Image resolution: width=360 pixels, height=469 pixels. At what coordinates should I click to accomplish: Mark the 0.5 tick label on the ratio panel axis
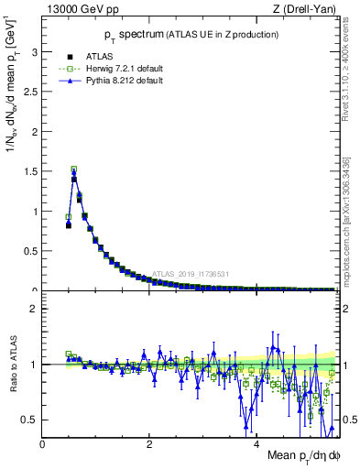[31, 420]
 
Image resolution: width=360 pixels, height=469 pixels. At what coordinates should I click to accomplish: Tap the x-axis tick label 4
[256, 446]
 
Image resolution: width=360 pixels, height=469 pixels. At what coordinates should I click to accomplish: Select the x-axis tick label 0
[43, 446]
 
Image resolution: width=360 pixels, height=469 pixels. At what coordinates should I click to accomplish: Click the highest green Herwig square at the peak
[74, 169]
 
